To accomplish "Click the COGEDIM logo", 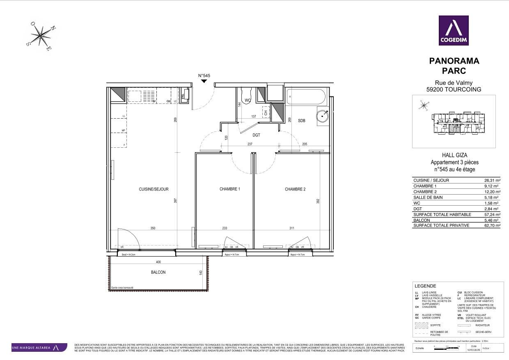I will (454, 30).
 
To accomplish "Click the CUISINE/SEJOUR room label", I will (154, 189).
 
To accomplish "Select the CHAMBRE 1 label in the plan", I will (229, 189).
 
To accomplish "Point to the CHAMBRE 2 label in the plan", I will (295, 189).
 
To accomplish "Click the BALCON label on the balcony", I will (158, 272).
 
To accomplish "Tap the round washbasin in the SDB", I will (323, 116).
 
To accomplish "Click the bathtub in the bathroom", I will (306, 98).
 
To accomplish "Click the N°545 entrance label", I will (204, 76).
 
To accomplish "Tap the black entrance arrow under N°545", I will (204, 81).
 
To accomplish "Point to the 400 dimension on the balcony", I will (158, 262).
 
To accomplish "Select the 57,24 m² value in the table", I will (492, 215).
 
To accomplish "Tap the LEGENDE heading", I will (425, 286).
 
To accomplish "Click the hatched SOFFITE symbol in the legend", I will (421, 325).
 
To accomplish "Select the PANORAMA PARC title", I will (454, 66).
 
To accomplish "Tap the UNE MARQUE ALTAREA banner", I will (39, 348).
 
